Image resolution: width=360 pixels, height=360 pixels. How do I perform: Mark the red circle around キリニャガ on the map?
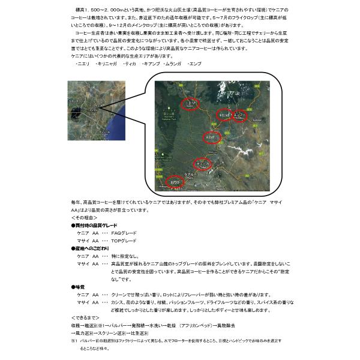(x=224, y=113)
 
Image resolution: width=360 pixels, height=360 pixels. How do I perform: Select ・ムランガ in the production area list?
(x=168, y=63)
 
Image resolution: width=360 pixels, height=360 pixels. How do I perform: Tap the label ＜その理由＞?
(x=82, y=217)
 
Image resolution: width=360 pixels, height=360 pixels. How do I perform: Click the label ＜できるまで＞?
(x=84, y=316)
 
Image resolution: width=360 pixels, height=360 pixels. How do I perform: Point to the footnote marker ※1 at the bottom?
(x=74, y=340)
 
